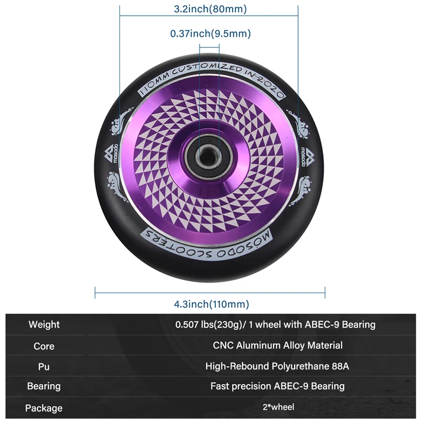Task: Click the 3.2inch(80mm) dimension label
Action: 210,9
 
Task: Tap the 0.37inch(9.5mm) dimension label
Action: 210,34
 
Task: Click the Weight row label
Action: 44,325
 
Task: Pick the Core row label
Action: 44,346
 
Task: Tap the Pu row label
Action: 44,366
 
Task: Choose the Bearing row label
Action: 44,386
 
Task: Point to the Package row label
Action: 44,408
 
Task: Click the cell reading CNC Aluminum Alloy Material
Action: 277,346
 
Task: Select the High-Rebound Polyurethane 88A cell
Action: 277,366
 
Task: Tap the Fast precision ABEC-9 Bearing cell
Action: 277,386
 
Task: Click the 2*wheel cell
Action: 277,407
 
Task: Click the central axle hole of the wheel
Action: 209,154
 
